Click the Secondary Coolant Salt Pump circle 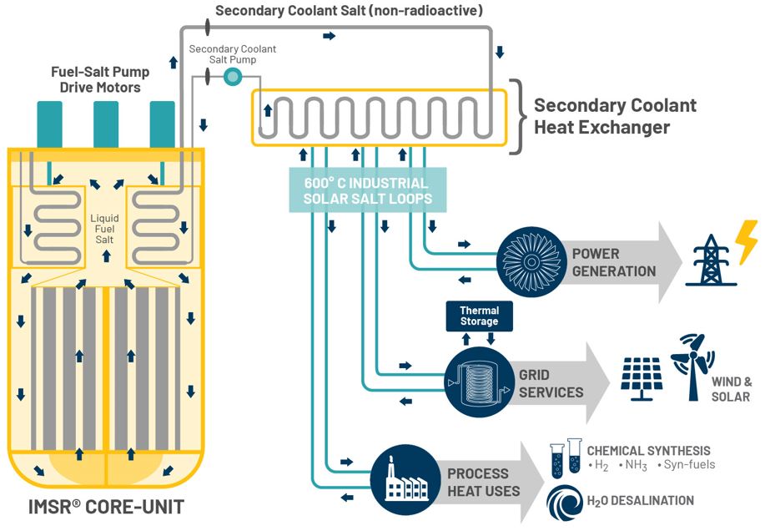point(233,78)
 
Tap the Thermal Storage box point(479,316)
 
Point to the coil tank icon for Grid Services point(478,381)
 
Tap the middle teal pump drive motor point(106,124)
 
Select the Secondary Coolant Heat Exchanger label point(614,117)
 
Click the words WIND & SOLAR point(731,388)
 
